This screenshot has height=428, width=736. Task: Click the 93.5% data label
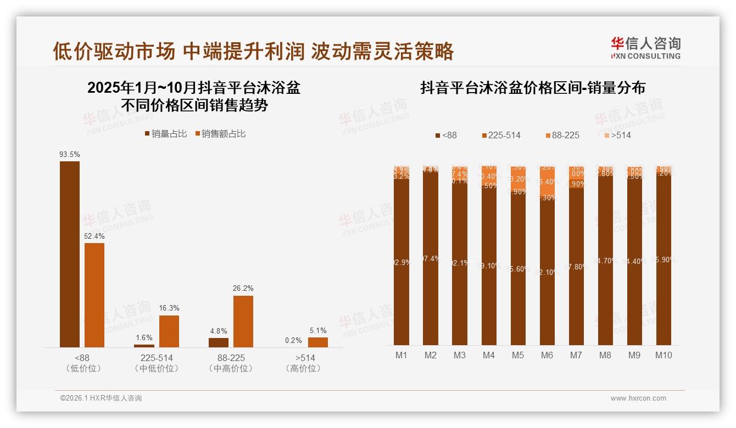pyautogui.click(x=70, y=155)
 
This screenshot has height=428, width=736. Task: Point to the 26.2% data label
pyautogui.click(x=243, y=289)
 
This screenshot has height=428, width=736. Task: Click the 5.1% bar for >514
pyautogui.click(x=318, y=342)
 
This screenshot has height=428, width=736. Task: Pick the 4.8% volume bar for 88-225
pyautogui.click(x=219, y=342)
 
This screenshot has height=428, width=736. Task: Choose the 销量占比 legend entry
pyautogui.click(x=166, y=134)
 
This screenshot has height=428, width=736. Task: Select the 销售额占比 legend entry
pyautogui.click(x=220, y=134)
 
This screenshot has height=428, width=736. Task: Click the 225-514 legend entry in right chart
pyautogui.click(x=501, y=135)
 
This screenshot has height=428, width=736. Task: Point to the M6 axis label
pyautogui.click(x=547, y=355)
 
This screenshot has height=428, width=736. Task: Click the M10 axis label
pyautogui.click(x=663, y=355)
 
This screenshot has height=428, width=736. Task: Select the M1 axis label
pyautogui.click(x=402, y=355)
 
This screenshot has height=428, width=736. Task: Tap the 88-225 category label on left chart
pyautogui.click(x=231, y=358)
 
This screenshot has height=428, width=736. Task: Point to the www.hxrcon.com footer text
pyautogui.click(x=638, y=398)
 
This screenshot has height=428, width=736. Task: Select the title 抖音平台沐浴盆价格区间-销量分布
pyautogui.click(x=532, y=88)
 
